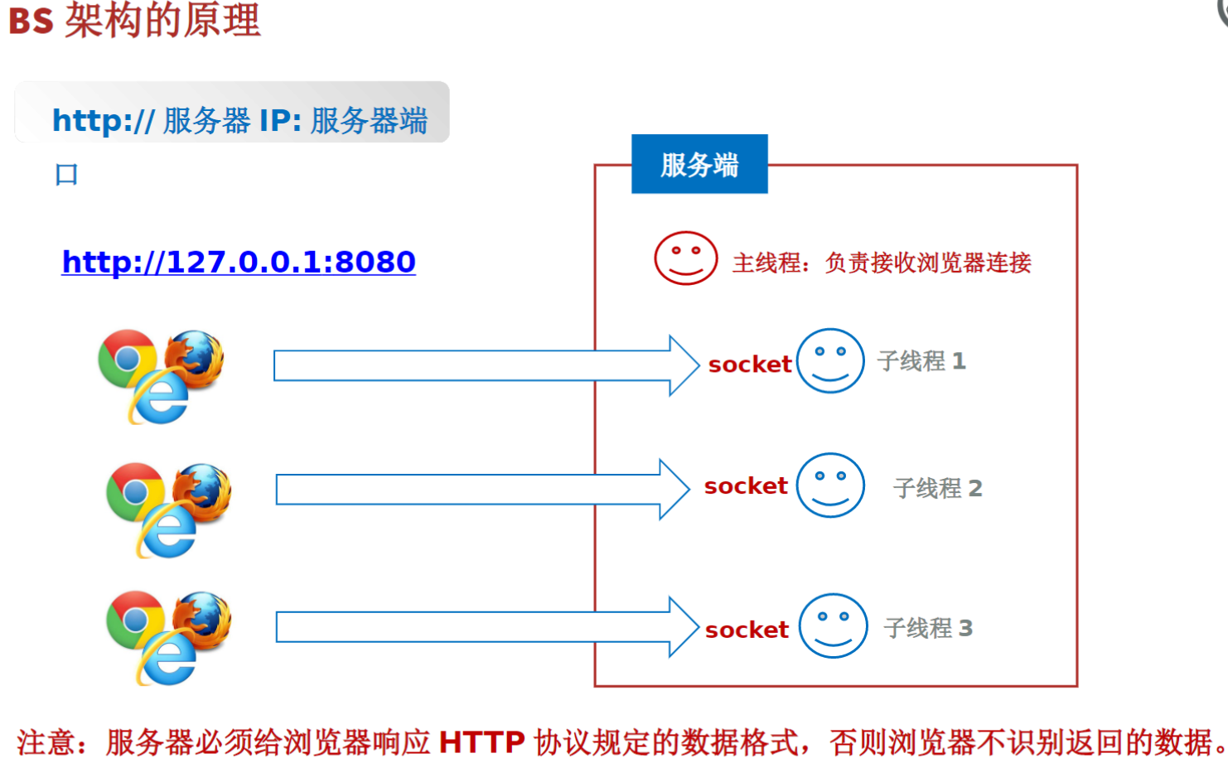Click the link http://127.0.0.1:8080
(x=239, y=262)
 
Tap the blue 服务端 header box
(x=699, y=164)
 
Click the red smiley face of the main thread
(x=685, y=258)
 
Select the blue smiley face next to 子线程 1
(x=830, y=361)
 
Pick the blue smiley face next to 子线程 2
(x=830, y=485)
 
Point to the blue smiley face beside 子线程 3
(x=833, y=626)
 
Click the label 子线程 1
(x=921, y=361)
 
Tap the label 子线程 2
(x=938, y=488)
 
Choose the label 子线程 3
(x=928, y=628)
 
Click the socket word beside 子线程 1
(x=750, y=365)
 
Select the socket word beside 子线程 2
(x=746, y=486)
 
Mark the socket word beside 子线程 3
(x=747, y=630)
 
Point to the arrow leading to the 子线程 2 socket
(x=481, y=489)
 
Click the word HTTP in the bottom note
(x=481, y=742)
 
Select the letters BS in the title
(x=31, y=21)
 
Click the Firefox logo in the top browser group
(x=196, y=358)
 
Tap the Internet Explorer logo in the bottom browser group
(x=169, y=659)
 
